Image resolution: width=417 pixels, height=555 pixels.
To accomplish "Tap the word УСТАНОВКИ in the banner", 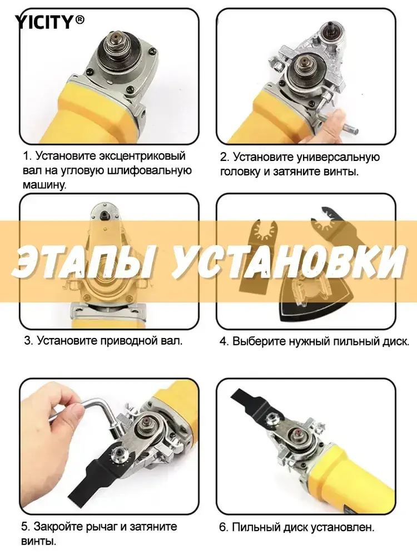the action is (x=287, y=260).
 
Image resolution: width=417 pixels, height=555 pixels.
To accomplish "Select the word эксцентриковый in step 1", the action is (x=142, y=156).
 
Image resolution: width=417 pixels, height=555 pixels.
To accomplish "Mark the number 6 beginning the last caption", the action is (x=223, y=527).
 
